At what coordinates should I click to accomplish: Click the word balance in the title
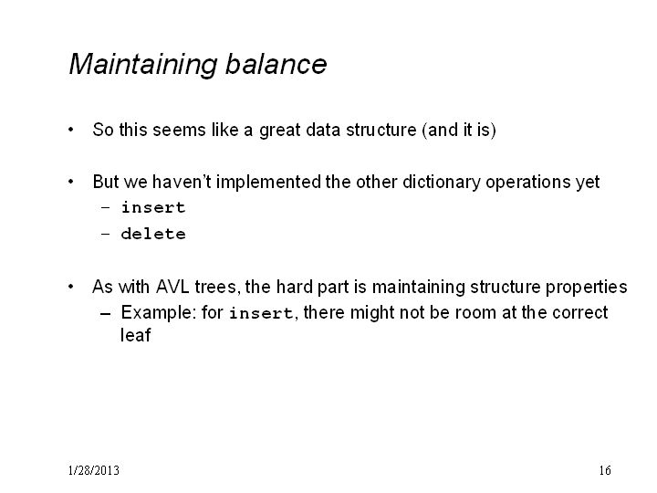(x=276, y=64)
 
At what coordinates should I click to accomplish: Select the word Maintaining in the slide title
(x=143, y=65)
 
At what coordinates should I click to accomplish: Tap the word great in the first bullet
(x=280, y=131)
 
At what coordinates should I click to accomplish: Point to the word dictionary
(x=442, y=183)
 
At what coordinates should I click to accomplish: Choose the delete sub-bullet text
(x=153, y=234)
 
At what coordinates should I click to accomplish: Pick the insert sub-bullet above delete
(x=153, y=207)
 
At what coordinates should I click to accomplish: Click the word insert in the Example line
(x=262, y=313)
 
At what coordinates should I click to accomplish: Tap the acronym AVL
(x=172, y=288)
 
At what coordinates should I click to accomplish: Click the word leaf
(x=135, y=335)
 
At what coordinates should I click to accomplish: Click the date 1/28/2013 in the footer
(x=93, y=470)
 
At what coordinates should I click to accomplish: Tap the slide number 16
(x=605, y=470)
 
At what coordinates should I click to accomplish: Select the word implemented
(x=269, y=183)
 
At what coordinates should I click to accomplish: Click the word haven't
(x=182, y=182)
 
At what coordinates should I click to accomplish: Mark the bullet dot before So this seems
(x=71, y=130)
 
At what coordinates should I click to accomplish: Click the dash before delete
(x=106, y=234)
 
